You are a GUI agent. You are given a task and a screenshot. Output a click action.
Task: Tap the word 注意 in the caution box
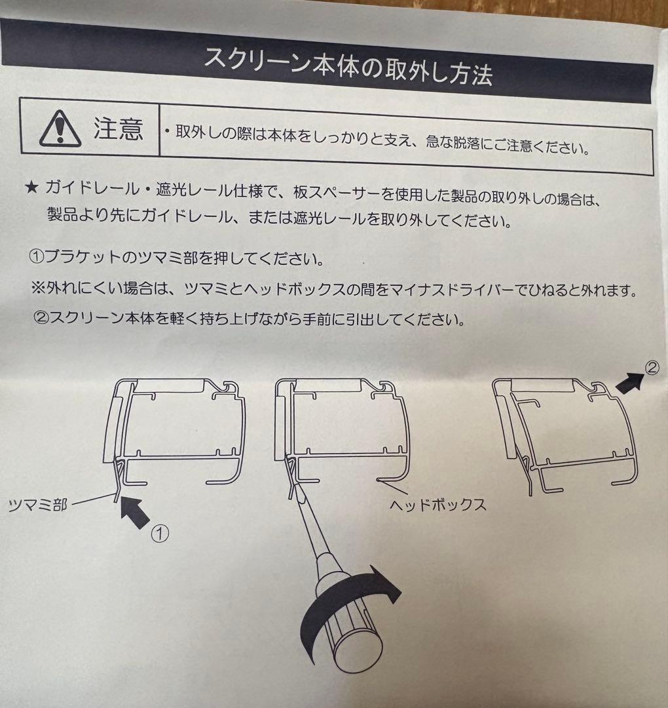[x=118, y=129]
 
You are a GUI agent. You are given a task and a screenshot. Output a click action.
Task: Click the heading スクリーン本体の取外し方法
[x=348, y=66]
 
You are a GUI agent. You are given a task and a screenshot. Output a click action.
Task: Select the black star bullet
[x=31, y=187]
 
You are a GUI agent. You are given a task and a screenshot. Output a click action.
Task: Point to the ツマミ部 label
[x=37, y=504]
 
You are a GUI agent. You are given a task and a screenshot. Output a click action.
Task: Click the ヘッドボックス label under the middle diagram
[x=438, y=504]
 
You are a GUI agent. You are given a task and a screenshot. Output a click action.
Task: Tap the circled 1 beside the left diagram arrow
[x=160, y=534]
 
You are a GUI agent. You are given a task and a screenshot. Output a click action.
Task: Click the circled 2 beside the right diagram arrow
[x=652, y=368]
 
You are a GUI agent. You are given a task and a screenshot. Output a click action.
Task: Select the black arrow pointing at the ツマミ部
[x=135, y=512]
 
